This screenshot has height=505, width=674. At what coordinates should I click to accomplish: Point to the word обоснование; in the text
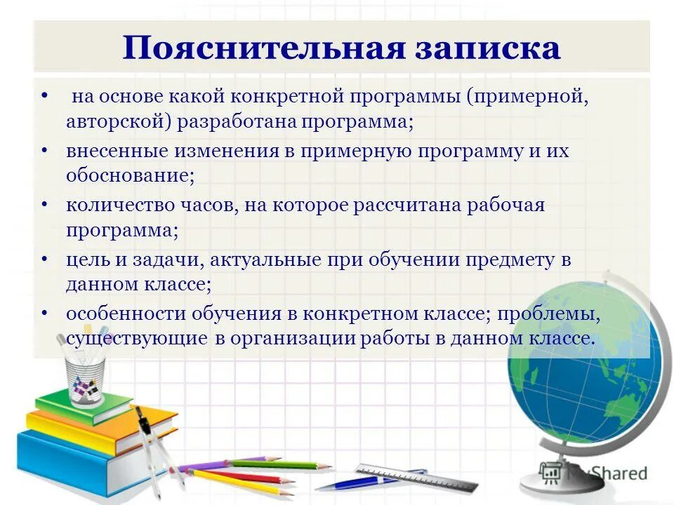pyautogui.click(x=131, y=175)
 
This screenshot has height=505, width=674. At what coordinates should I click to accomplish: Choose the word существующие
pyautogui.click(x=137, y=338)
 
